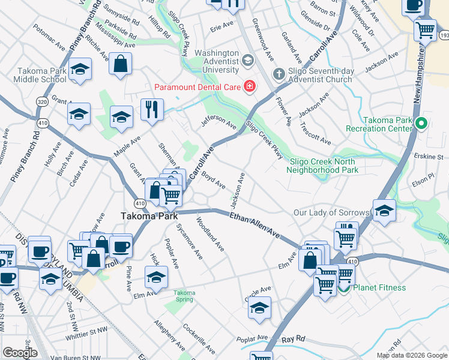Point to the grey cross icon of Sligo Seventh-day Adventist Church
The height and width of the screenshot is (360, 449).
(278, 74)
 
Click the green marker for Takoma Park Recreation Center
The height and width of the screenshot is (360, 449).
(421, 124)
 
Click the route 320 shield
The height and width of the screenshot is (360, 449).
(41, 102)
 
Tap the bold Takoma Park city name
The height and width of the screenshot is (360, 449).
(148, 216)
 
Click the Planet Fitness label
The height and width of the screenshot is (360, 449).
(379, 287)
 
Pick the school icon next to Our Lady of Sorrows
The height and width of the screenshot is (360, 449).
(384, 211)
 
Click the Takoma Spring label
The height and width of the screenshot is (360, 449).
(185, 296)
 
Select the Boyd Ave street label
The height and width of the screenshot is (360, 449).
(213, 179)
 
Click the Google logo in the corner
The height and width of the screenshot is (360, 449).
(20, 353)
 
